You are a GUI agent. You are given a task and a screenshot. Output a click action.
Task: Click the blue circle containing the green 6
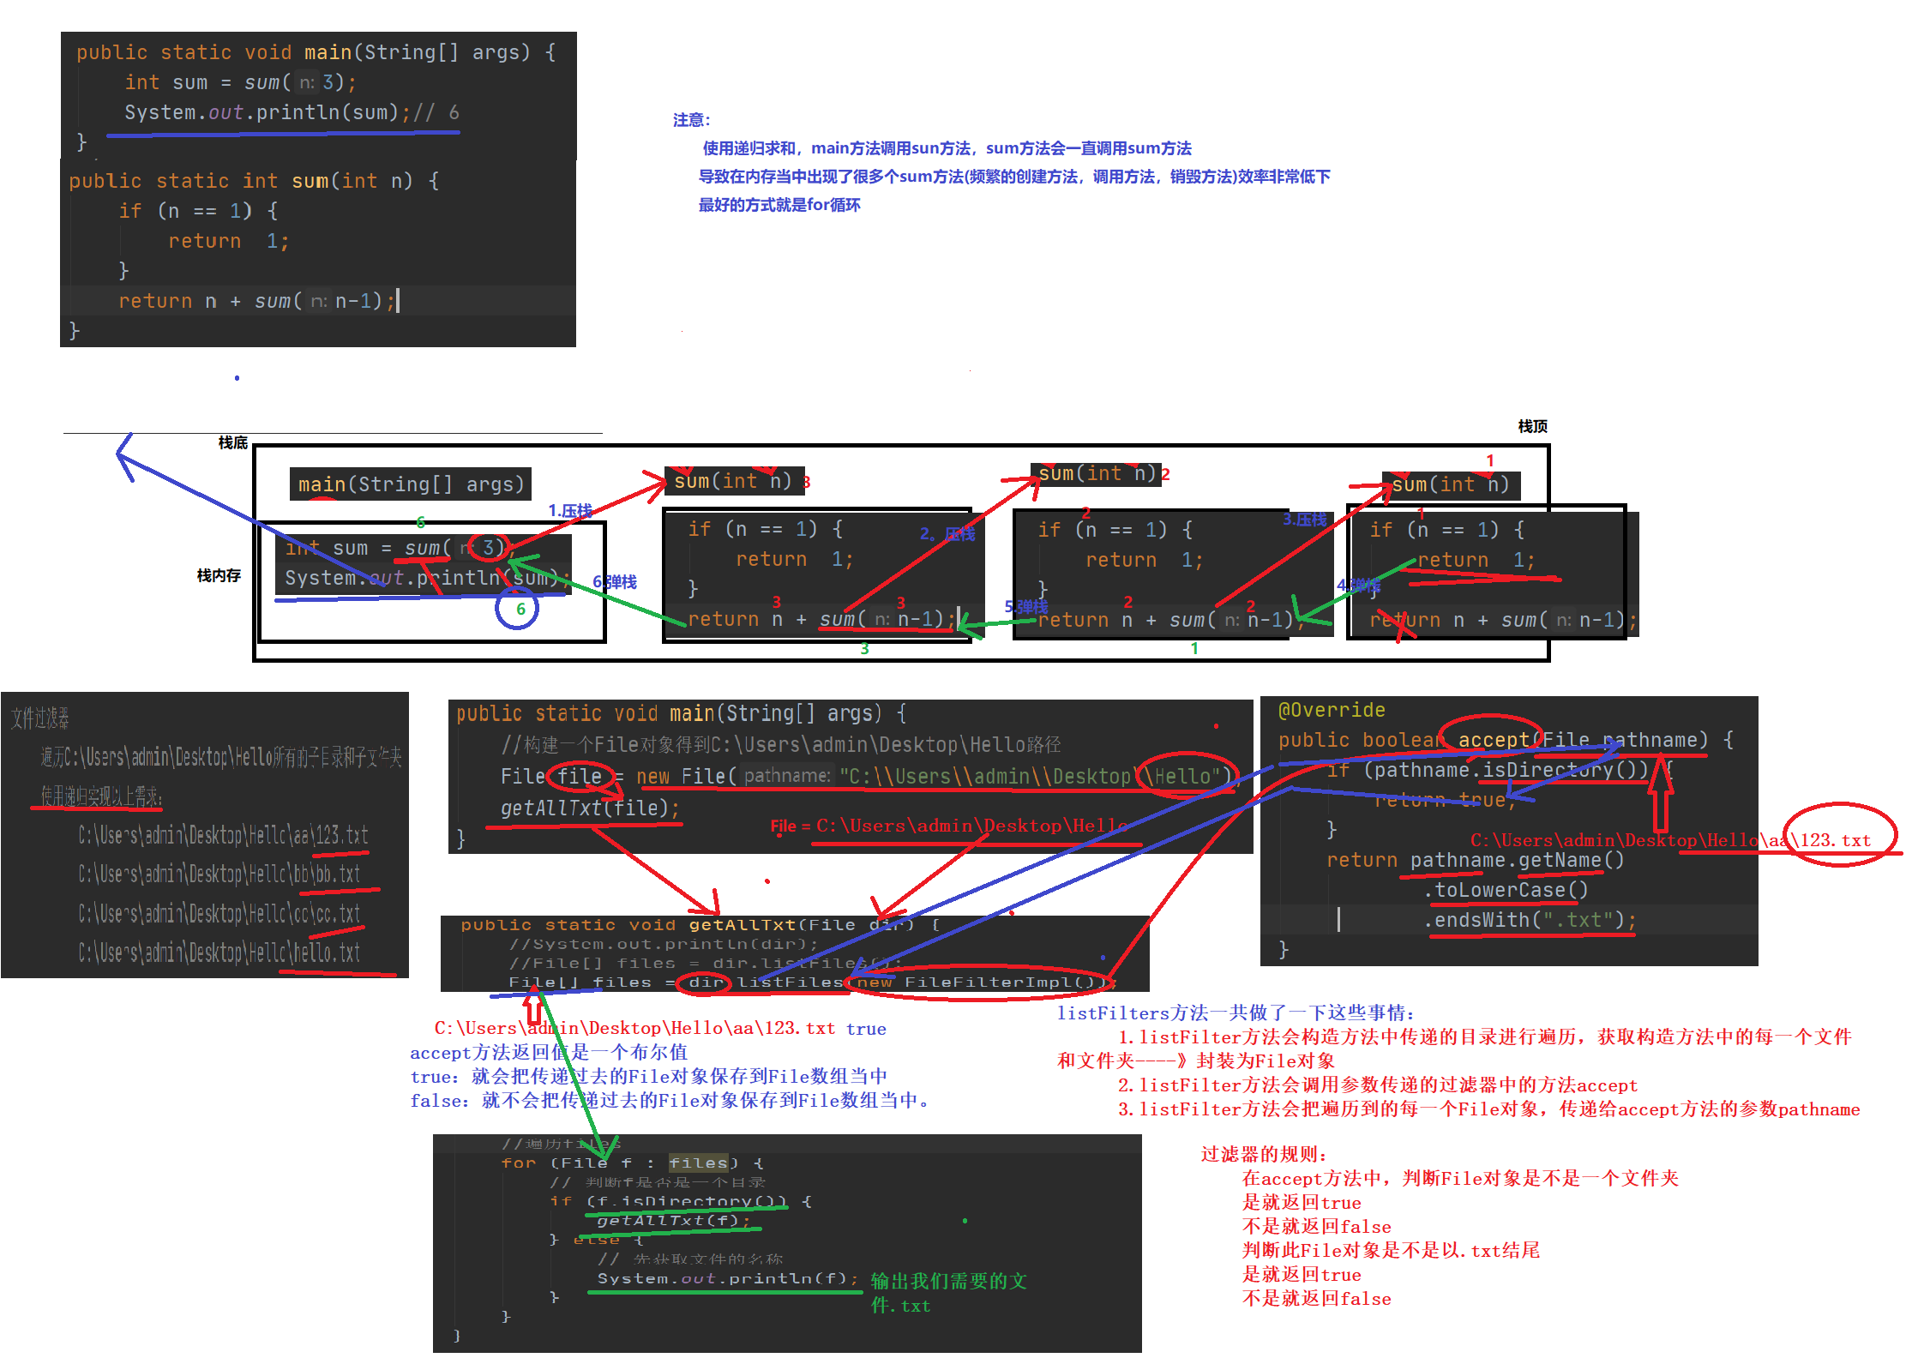pyautogui.click(x=517, y=609)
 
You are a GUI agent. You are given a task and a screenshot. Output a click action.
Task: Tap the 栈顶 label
pyautogui.click(x=1532, y=426)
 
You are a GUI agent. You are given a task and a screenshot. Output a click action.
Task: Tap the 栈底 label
pyautogui.click(x=232, y=442)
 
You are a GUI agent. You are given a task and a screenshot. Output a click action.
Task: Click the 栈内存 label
pyautogui.click(x=219, y=575)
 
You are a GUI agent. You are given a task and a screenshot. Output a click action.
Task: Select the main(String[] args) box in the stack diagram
pyautogui.click(x=411, y=484)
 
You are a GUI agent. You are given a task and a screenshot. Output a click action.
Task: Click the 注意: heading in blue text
pyautogui.click(x=691, y=120)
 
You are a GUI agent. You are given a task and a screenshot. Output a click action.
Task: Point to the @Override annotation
pyautogui.click(x=1332, y=710)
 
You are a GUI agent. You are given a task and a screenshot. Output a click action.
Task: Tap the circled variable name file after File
pyautogui.click(x=580, y=776)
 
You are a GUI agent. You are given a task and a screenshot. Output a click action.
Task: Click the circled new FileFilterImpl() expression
pyautogui.click(x=979, y=982)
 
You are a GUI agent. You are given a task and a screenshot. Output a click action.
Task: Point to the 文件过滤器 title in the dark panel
pyautogui.click(x=40, y=718)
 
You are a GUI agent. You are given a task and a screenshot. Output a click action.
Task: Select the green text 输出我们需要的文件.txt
pyautogui.click(x=948, y=1292)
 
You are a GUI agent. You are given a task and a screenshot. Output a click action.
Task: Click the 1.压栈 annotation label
pyautogui.click(x=570, y=510)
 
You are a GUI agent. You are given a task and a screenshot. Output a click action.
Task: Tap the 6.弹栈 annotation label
pyautogui.click(x=615, y=582)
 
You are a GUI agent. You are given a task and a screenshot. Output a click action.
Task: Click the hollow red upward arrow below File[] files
pyautogui.click(x=533, y=1005)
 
